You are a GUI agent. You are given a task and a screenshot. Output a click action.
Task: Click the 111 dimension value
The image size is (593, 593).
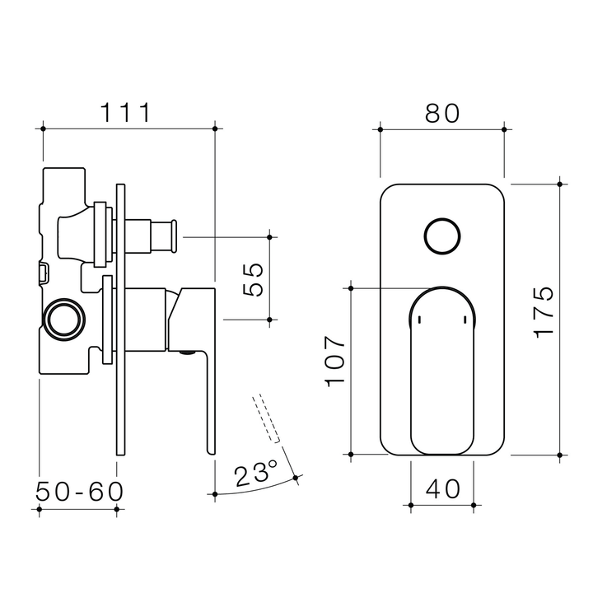(126, 112)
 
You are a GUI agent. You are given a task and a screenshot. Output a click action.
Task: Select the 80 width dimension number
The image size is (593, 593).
(442, 114)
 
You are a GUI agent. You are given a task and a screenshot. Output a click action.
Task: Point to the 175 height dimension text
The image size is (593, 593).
(544, 311)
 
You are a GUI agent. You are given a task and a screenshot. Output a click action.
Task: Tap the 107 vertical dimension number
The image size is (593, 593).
(334, 361)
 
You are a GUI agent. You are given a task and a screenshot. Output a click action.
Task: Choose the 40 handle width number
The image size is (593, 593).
(442, 488)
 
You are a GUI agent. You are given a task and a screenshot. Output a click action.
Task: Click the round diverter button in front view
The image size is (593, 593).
(441, 237)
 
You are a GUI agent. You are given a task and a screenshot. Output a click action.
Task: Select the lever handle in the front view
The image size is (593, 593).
(442, 371)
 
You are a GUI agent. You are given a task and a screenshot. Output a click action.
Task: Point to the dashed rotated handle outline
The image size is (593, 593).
(268, 420)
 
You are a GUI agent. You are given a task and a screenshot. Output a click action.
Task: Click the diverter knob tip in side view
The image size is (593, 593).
(172, 236)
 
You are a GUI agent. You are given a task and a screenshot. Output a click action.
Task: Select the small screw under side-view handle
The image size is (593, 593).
(187, 355)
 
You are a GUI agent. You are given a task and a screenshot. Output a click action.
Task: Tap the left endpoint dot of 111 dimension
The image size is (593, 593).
(42, 128)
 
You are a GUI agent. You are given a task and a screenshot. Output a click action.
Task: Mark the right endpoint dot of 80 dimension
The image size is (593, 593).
(504, 128)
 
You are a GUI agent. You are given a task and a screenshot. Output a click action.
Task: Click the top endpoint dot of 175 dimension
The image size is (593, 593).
(560, 183)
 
